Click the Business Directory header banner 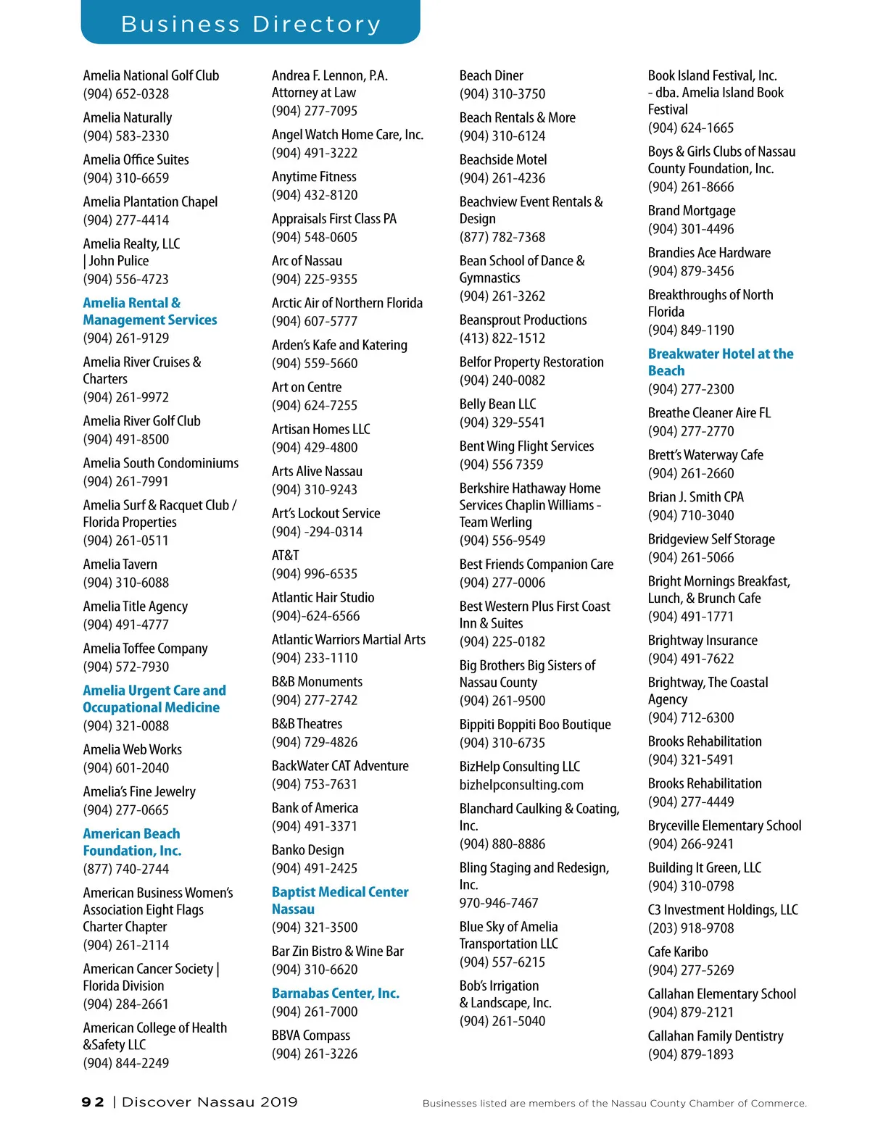tap(250, 23)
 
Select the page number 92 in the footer tap(92, 1102)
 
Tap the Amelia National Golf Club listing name tap(151, 75)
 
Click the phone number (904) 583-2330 tap(125, 136)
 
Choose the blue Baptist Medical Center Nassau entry tap(339, 900)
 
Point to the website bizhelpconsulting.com tap(521, 785)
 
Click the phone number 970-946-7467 tap(498, 903)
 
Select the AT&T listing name tap(285, 555)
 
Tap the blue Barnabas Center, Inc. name tap(335, 993)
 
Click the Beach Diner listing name tap(491, 75)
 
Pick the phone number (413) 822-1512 tap(502, 338)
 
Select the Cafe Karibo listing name tap(677, 951)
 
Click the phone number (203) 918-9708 tap(690, 928)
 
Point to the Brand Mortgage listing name tap(691, 211)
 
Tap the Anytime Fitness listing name tap(314, 177)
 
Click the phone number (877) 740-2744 tap(125, 869)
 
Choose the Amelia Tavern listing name tap(120, 564)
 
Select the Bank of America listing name tap(315, 808)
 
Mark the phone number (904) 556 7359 tap(501, 465)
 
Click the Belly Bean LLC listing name tap(497, 404)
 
